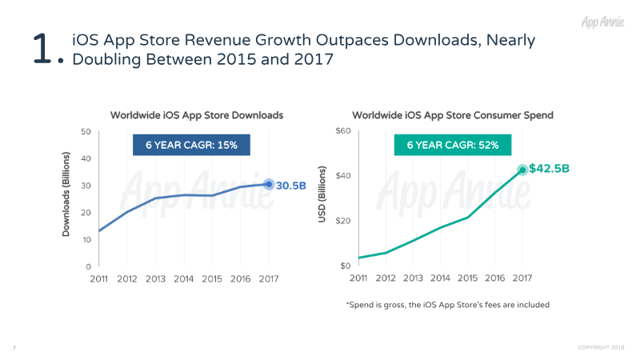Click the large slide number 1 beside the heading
pos(41,49)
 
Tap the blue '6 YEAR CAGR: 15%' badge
pos(190,145)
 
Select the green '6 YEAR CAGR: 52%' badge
pos(453,145)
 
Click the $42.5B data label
pos(549,169)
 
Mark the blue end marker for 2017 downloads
pos(269,184)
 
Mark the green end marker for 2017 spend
pos(522,170)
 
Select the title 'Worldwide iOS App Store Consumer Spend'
pos(453,115)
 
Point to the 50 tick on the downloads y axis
pos(85,131)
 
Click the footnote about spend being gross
pos(448,305)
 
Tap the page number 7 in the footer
pos(14,347)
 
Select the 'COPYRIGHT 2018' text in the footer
pos(602,347)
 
